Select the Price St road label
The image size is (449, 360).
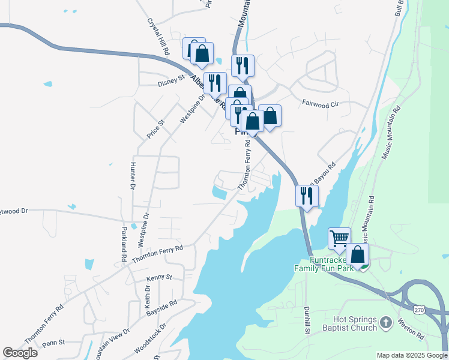tap(156, 129)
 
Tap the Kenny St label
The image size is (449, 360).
tap(160, 278)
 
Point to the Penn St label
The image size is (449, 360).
tap(53, 343)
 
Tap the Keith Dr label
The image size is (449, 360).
tap(148, 298)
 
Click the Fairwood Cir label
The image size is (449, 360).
tap(321, 104)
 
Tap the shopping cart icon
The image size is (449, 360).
tap(339, 238)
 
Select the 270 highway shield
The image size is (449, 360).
tap(420, 308)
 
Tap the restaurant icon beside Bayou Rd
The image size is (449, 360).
tap(307, 195)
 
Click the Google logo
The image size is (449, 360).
tap(20, 353)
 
